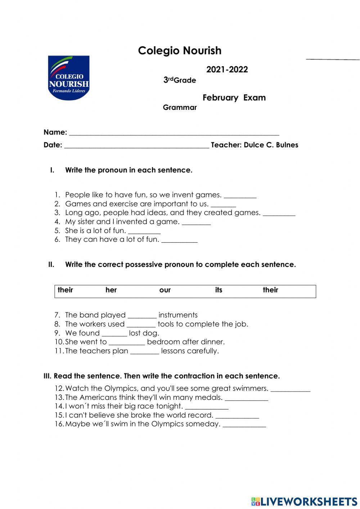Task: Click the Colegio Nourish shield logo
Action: [68, 78]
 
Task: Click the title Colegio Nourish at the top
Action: [180, 50]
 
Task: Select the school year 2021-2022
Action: [227, 70]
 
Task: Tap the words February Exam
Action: [234, 98]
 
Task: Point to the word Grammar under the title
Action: [180, 107]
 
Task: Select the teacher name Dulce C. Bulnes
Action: [271, 145]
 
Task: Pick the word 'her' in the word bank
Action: [111, 290]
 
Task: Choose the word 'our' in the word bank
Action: [165, 290]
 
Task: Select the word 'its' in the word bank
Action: [219, 290]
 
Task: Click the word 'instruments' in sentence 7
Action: [178, 315]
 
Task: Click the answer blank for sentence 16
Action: [244, 425]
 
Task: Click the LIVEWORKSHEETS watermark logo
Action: [304, 501]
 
